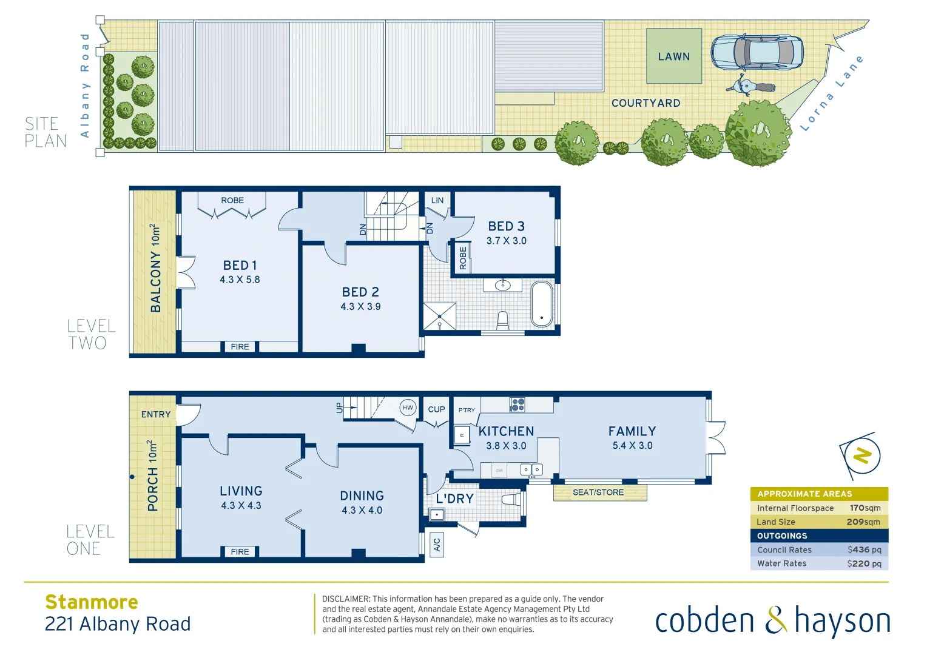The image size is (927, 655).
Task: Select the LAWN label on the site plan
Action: [x=674, y=56]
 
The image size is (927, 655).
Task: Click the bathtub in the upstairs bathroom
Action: [x=542, y=304]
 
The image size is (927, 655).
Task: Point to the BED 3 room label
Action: [x=506, y=226]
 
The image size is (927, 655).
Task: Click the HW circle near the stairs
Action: [x=408, y=408]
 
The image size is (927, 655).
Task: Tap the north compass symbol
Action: [x=861, y=455]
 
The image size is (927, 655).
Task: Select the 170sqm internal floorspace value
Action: [x=865, y=508]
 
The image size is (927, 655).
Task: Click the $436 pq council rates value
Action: [x=864, y=550]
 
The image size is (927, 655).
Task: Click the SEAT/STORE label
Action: [x=598, y=492]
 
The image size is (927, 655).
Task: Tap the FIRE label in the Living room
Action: [x=240, y=551]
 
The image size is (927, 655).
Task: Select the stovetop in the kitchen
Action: [x=517, y=405]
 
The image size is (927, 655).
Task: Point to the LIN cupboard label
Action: [x=437, y=200]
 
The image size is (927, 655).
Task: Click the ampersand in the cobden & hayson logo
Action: [x=775, y=621]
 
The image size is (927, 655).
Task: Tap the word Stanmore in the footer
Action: [x=92, y=602]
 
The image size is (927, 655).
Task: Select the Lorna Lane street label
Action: [x=832, y=93]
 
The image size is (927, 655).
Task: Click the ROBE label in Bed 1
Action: [x=232, y=200]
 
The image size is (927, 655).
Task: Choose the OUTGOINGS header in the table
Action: [x=782, y=536]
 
